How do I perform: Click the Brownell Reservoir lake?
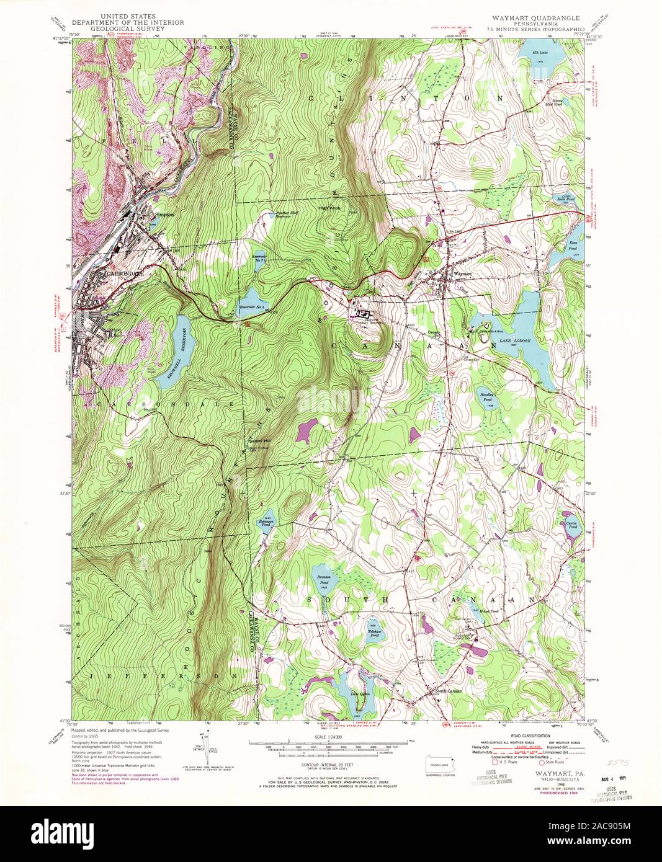click(176, 351)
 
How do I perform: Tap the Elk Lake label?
click(530, 53)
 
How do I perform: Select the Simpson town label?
click(164, 214)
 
